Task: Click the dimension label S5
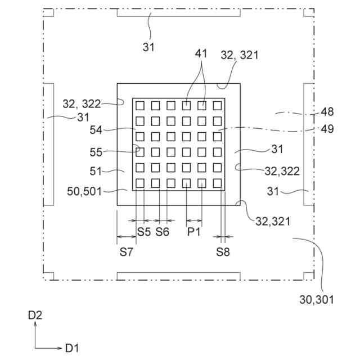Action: pyautogui.click(x=144, y=232)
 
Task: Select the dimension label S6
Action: pyautogui.click(x=163, y=232)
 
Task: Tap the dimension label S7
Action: pyautogui.click(x=126, y=252)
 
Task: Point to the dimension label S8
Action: pyautogui.click(x=223, y=252)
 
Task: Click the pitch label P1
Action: pyautogui.click(x=194, y=232)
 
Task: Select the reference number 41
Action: pyautogui.click(x=201, y=54)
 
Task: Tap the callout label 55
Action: pyautogui.click(x=97, y=152)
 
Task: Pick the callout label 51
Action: pyautogui.click(x=97, y=172)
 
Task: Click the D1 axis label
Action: pyautogui.click(x=71, y=348)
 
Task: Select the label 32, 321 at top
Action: pyautogui.click(x=241, y=55)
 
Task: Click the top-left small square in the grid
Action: pyautogui.click(x=140, y=105)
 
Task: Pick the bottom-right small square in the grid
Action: pyautogui.click(x=217, y=182)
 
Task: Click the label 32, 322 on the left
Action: pyautogui.click(x=82, y=104)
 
